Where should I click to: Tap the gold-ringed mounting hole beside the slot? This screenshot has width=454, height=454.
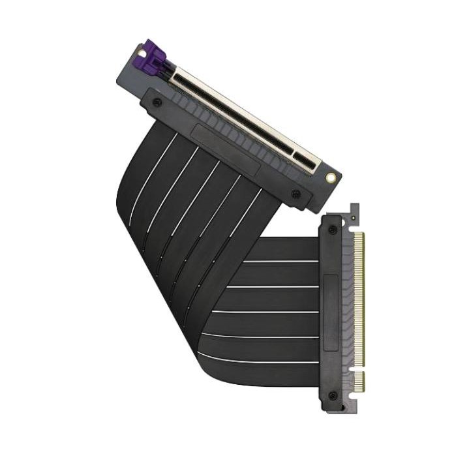coord(331,177)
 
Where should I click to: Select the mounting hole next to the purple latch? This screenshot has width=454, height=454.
coord(141,52)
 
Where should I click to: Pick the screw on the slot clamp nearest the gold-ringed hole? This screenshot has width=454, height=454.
coord(295,193)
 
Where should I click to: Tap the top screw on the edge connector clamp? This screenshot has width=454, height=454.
coord(333,230)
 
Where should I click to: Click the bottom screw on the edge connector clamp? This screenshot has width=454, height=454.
coord(333,395)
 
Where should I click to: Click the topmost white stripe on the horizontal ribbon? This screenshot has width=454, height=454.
coord(280,262)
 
